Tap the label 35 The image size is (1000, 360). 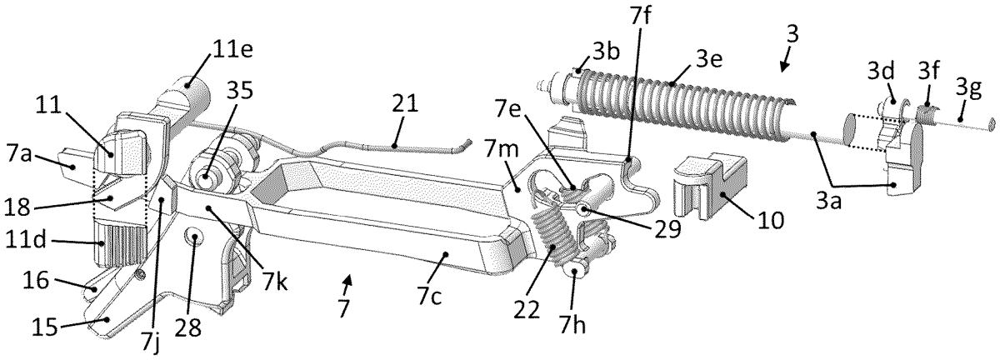(239, 90)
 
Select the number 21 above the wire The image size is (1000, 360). (404, 103)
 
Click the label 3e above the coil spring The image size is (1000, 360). (708, 60)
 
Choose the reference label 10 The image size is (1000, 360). (771, 220)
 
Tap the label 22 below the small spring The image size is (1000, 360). (527, 311)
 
